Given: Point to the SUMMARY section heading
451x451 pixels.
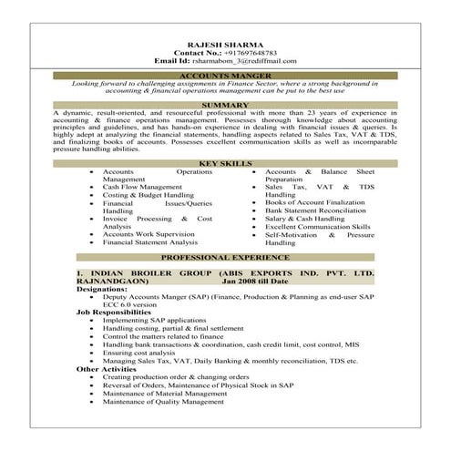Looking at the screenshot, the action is pos(224,105).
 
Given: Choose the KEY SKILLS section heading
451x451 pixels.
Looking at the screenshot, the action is pos(224,162).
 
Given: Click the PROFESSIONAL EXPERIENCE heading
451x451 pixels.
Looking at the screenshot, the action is pos(224,258).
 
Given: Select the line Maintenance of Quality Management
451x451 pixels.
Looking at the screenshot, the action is pos(163,401).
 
